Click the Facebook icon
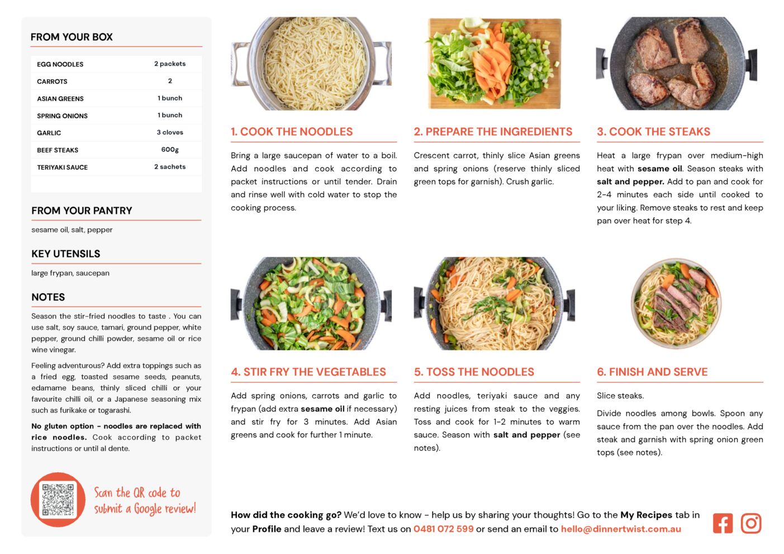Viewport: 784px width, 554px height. [x=723, y=523]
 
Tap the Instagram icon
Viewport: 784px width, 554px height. [x=750, y=523]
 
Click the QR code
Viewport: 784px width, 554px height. [x=58, y=499]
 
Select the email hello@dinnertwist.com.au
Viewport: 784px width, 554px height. [x=621, y=529]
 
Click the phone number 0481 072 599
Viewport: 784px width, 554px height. [x=443, y=529]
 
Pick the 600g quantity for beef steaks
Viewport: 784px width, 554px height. [x=170, y=149]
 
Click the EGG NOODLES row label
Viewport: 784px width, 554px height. [x=60, y=64]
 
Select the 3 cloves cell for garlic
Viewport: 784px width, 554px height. [x=170, y=132]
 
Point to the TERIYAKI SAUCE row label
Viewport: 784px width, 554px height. [x=62, y=167]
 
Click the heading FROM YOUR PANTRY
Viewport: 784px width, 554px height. [x=82, y=211]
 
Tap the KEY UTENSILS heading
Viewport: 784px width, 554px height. [x=66, y=254]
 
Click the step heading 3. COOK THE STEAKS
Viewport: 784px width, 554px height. [x=653, y=131]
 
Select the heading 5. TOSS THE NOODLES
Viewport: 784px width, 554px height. [x=474, y=372]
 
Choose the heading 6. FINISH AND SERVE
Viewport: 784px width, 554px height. [x=652, y=372]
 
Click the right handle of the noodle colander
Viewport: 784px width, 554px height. [x=383, y=64]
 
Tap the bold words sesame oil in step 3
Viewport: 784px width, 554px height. [x=659, y=169]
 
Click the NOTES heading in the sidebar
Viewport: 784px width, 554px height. [x=48, y=297]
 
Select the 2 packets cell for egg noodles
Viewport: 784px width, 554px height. [x=170, y=64]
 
